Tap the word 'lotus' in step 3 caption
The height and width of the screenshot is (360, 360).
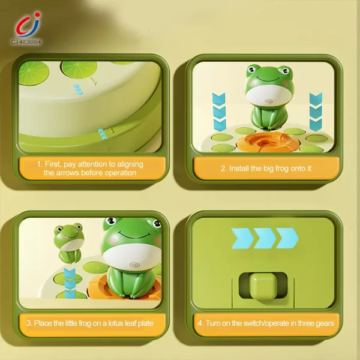pos(110,323)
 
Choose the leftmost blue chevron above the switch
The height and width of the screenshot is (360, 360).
pos(241,238)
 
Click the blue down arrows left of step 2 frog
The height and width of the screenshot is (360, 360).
pos(220,111)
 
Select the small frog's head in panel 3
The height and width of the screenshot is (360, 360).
pos(68,232)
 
